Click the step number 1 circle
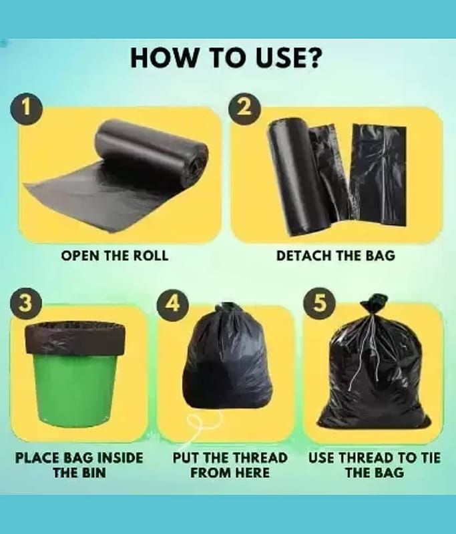pos(26,108)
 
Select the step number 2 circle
pos(244,108)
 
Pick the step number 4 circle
pos(173,302)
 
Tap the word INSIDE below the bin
pos(120,458)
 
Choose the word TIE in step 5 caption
pos(430,458)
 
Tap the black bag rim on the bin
pos(75,339)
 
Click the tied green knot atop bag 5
pos(375,302)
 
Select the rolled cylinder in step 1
pos(152,150)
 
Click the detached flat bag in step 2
pos(379,174)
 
